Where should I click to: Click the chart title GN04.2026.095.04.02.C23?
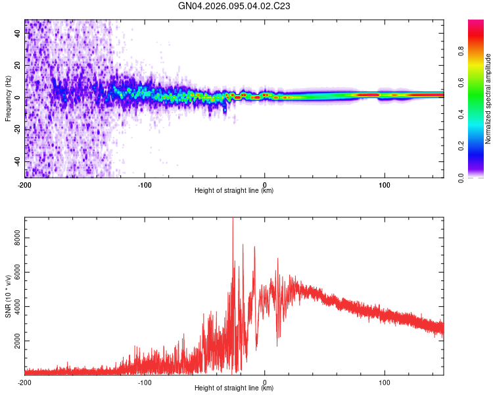[235, 6]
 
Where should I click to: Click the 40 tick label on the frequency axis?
[18, 34]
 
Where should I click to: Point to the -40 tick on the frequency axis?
[18, 161]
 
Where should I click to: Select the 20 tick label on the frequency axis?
[18, 66]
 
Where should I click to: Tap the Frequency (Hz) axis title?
[8, 98]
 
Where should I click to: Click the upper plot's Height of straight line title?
[234, 191]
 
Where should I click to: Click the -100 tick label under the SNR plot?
[145, 382]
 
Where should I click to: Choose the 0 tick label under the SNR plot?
[264, 382]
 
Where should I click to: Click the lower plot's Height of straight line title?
[234, 388]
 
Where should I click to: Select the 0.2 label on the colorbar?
[480, 145]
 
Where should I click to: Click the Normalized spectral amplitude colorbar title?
[488, 99]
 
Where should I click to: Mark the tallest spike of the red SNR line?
[233, 220]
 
